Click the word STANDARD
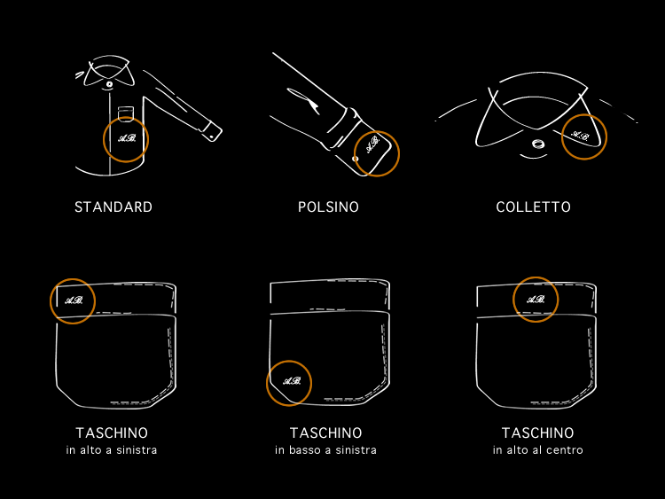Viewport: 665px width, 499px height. click(x=113, y=207)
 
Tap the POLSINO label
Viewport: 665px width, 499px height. click(x=328, y=207)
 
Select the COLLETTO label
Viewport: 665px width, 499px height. click(x=533, y=207)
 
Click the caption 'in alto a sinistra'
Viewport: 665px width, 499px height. click(x=112, y=450)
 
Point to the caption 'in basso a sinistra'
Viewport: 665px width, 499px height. click(x=325, y=450)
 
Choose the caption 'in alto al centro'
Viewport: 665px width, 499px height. click(x=538, y=450)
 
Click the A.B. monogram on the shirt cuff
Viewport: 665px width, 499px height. click(x=372, y=144)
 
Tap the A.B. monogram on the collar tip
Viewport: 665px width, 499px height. click(x=580, y=136)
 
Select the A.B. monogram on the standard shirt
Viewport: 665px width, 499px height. click(x=127, y=138)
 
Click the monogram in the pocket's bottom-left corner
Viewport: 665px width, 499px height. click(x=292, y=381)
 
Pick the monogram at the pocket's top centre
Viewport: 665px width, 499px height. click(x=536, y=300)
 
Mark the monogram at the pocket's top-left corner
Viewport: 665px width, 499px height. click(x=74, y=300)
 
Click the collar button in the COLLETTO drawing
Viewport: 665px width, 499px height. click(x=538, y=144)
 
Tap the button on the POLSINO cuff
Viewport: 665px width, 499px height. click(x=356, y=159)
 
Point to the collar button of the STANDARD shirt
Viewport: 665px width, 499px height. click(x=109, y=84)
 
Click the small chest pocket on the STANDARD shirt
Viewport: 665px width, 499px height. click(x=126, y=113)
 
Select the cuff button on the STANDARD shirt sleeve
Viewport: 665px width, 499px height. click(x=211, y=137)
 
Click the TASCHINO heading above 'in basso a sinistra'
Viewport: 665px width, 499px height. click(x=325, y=433)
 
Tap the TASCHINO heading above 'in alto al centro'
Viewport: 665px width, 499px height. click(x=538, y=433)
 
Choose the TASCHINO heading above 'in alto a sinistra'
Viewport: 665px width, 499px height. click(x=112, y=433)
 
